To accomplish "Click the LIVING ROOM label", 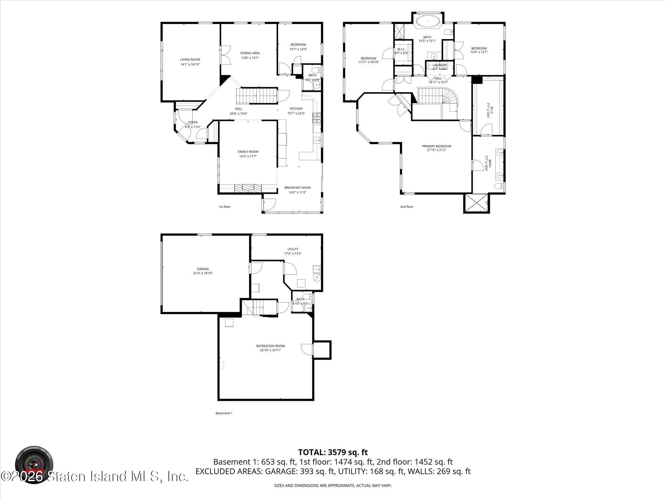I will (190, 60).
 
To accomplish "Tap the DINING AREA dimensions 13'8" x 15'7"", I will (250, 58).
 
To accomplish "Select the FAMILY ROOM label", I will (248, 152).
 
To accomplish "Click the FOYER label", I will (193, 122).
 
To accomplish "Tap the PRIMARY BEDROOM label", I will (436, 146).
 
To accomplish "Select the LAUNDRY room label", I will (440, 65).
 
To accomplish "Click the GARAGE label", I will (203, 269).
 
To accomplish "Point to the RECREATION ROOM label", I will (270, 346).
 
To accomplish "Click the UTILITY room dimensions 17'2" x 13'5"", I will (293, 253).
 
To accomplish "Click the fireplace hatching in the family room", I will (248, 188).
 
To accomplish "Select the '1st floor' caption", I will (224, 207).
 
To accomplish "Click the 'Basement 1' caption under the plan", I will (224, 413).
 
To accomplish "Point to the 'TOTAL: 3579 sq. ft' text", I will (333, 461).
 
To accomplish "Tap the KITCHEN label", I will (296, 109).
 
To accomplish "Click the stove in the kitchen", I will (317, 118).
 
